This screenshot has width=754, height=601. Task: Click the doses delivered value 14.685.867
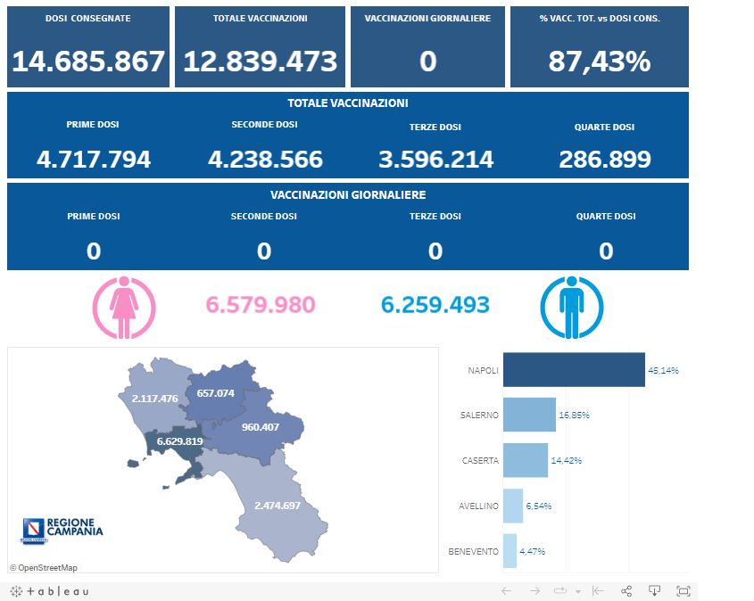click(88, 62)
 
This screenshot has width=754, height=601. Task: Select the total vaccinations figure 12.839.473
click(260, 62)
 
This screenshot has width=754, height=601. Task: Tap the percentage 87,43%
click(599, 62)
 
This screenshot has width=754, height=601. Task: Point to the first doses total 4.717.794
click(94, 160)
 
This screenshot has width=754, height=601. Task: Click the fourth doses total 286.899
click(605, 160)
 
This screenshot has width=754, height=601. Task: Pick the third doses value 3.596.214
click(435, 160)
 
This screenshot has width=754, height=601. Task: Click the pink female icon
click(124, 307)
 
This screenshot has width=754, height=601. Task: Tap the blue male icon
click(572, 307)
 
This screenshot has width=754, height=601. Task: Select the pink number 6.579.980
click(261, 305)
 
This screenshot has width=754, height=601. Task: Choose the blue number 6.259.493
click(435, 305)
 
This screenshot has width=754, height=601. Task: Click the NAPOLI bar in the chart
click(573, 370)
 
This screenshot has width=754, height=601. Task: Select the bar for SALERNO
click(529, 415)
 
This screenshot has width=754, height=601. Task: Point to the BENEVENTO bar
click(510, 551)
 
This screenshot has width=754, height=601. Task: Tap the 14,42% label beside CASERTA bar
click(563, 460)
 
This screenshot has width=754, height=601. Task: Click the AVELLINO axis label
click(479, 506)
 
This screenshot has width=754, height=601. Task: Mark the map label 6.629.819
click(179, 441)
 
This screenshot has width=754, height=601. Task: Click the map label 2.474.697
click(278, 506)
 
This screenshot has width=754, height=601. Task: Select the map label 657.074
click(215, 393)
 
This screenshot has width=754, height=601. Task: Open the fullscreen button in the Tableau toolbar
click(684, 591)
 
